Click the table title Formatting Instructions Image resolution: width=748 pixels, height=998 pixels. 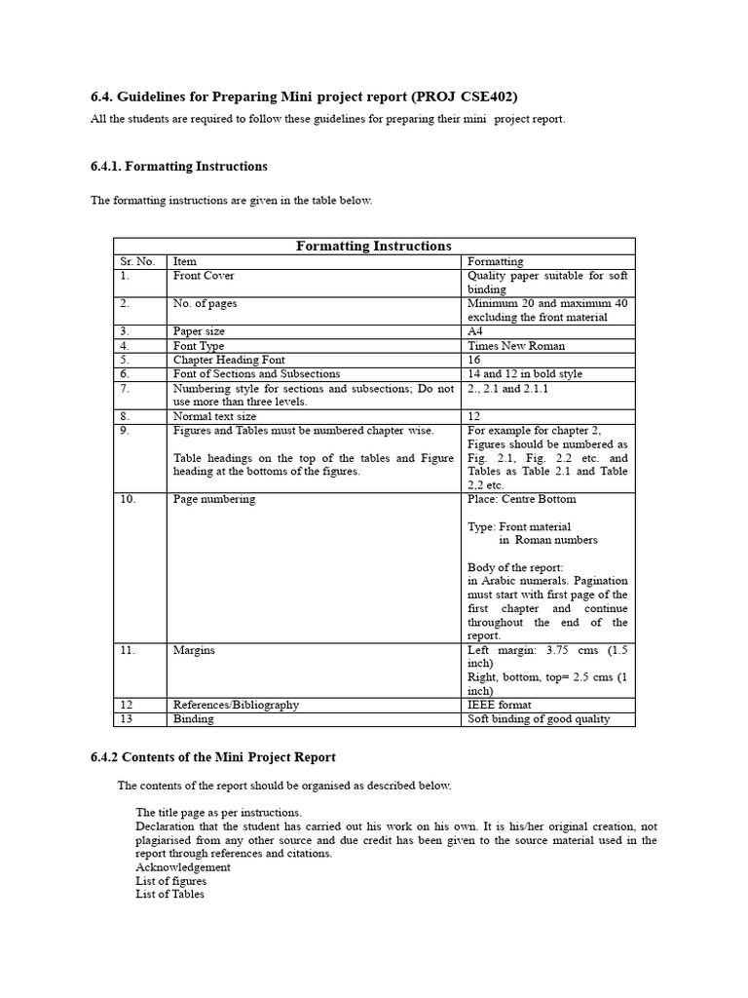pyautogui.click(x=373, y=246)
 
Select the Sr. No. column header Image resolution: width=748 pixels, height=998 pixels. pyautogui.click(x=137, y=261)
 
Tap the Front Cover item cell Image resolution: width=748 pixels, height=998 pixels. pyautogui.click(x=204, y=276)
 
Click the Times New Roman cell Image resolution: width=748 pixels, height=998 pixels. pyautogui.click(x=516, y=346)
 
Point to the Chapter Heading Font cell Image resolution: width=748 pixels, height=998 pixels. pyautogui.click(x=228, y=360)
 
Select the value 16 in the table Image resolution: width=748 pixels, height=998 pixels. pyautogui.click(x=474, y=360)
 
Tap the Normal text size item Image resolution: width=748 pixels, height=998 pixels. pyautogui.click(x=214, y=416)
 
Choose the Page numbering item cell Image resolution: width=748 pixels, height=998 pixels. pyautogui.click(x=214, y=499)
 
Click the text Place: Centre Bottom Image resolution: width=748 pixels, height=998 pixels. pyautogui.click(x=521, y=499)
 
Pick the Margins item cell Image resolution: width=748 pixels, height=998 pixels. pyautogui.click(x=194, y=650)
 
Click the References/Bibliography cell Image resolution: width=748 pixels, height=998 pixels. pyautogui.click(x=236, y=705)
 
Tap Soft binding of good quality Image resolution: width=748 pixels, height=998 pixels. pyautogui.click(x=539, y=719)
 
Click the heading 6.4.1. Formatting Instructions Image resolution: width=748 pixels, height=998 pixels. pyautogui.click(x=178, y=167)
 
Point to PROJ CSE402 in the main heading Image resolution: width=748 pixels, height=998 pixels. pyautogui.click(x=466, y=96)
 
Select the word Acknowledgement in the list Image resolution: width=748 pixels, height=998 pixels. pyautogui.click(x=183, y=866)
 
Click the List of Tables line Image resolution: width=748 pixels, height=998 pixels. pyautogui.click(x=169, y=894)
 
